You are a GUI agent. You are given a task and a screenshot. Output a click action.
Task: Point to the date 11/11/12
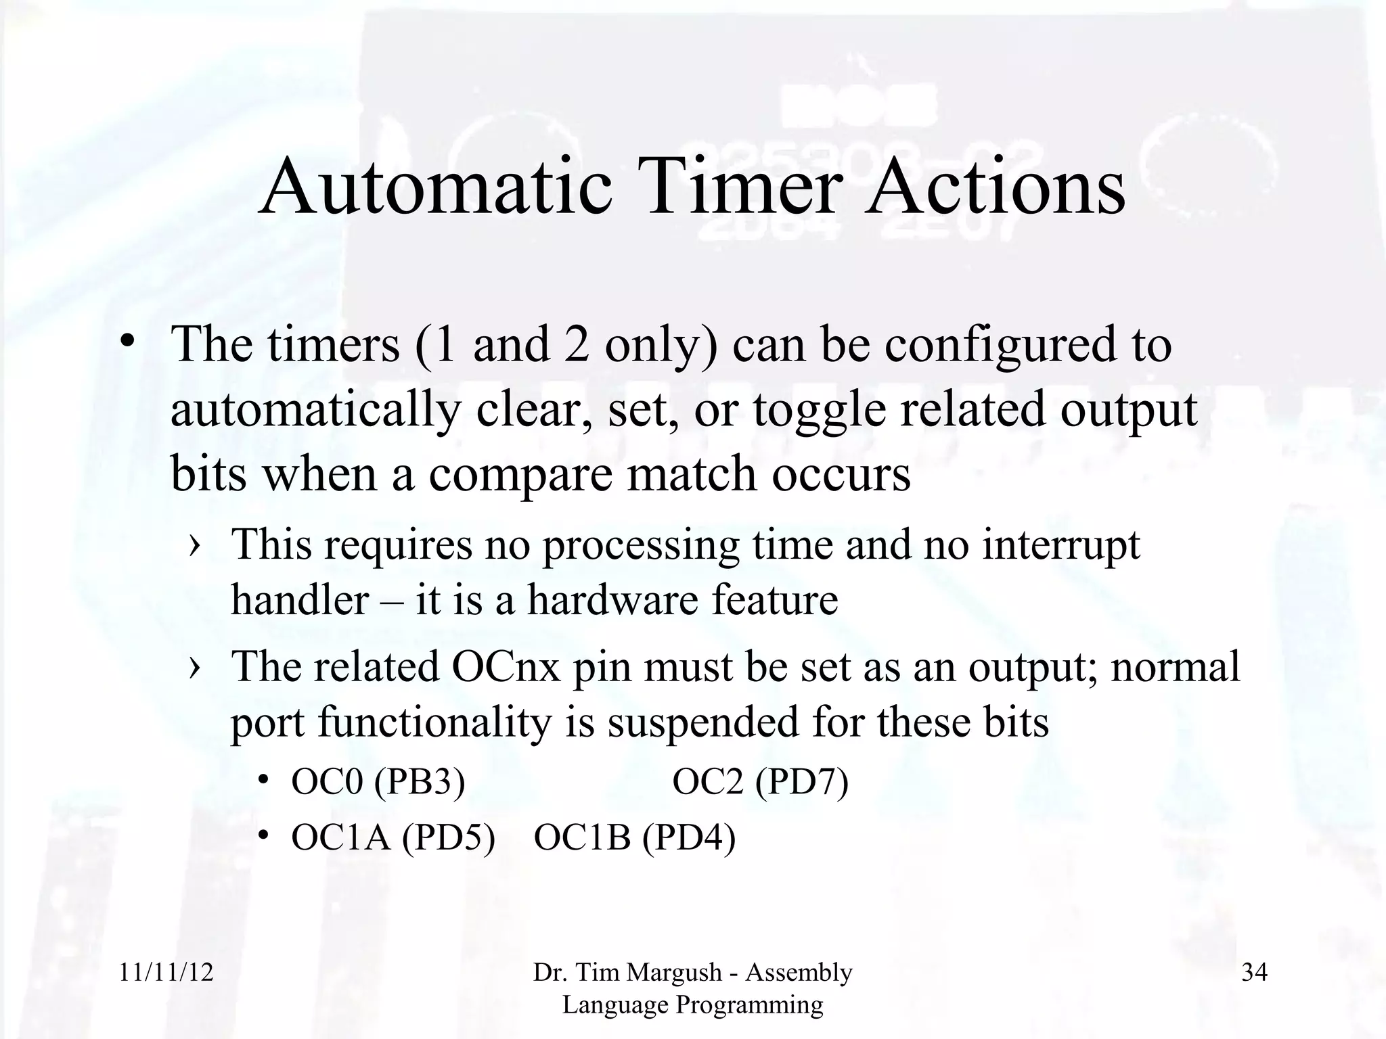coord(166,973)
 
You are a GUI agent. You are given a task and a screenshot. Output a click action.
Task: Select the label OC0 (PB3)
coord(378,782)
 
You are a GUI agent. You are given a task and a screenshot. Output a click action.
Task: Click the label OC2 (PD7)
coord(760,782)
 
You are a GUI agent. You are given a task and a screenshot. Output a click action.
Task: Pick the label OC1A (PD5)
coord(393,837)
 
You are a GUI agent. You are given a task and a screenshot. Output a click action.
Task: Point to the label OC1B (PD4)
coord(634,837)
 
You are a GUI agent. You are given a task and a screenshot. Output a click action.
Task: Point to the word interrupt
coord(1060,545)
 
